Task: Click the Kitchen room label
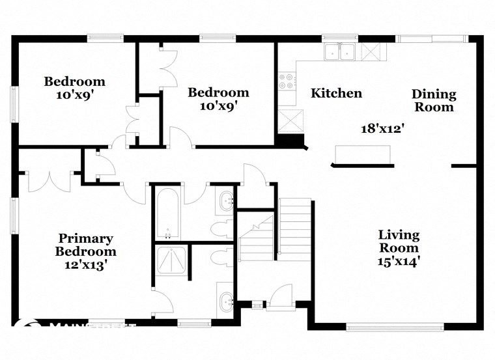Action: tap(336, 93)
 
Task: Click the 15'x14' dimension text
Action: tap(399, 262)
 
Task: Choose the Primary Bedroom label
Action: tap(85, 245)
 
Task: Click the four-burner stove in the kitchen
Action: tap(286, 81)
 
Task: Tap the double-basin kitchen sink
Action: tap(339, 51)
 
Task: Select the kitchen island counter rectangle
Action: tap(363, 154)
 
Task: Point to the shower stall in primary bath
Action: tap(171, 264)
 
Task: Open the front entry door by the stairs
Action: tap(282, 296)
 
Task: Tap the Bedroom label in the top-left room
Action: tap(74, 81)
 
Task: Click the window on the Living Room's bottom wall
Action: tap(395, 326)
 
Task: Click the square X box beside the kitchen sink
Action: tap(369, 51)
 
